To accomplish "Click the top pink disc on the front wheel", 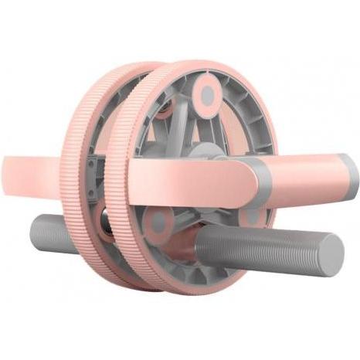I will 207,95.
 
